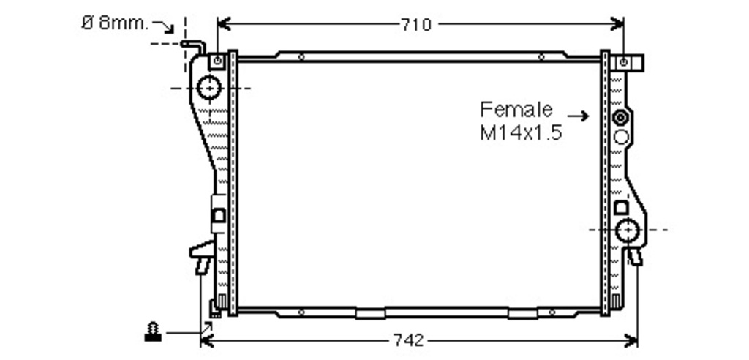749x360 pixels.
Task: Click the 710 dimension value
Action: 415,24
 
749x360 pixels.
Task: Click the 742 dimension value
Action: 408,340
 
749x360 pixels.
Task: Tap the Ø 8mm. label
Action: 115,23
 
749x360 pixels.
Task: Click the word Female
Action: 516,110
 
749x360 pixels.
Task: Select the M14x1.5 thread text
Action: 521,132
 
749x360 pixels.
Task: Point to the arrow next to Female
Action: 578,116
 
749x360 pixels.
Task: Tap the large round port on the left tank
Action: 209,88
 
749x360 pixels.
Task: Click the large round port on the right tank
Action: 627,230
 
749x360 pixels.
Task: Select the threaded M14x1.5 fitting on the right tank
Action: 620,117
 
